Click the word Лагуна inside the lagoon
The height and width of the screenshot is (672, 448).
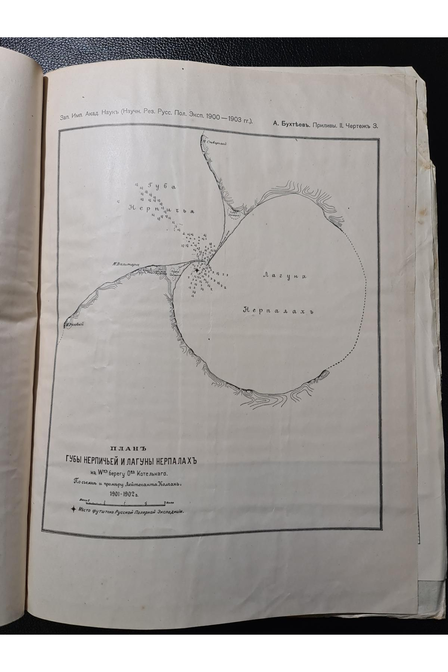tap(285, 276)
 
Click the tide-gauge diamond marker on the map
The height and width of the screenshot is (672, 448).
tap(197, 270)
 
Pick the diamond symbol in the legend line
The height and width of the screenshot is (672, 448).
tap(75, 509)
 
